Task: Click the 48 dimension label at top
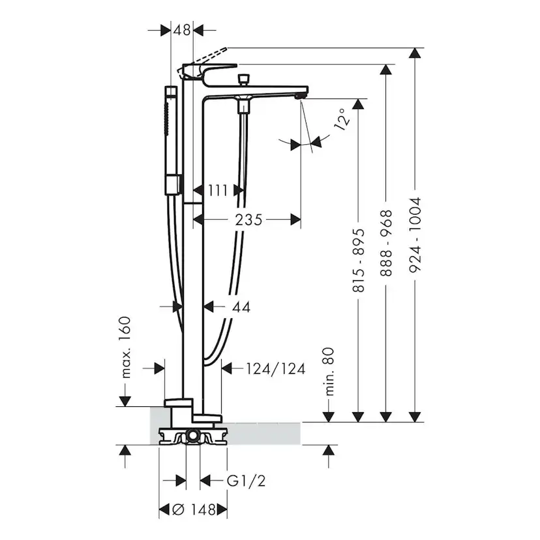tap(182, 29)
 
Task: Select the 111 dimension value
tap(218, 190)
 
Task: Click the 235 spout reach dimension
tap(249, 220)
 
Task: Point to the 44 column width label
tap(240, 306)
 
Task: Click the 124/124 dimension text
tap(275, 368)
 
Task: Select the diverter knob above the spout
tap(245, 80)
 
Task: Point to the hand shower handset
tap(171, 137)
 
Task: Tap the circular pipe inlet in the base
tap(193, 434)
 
